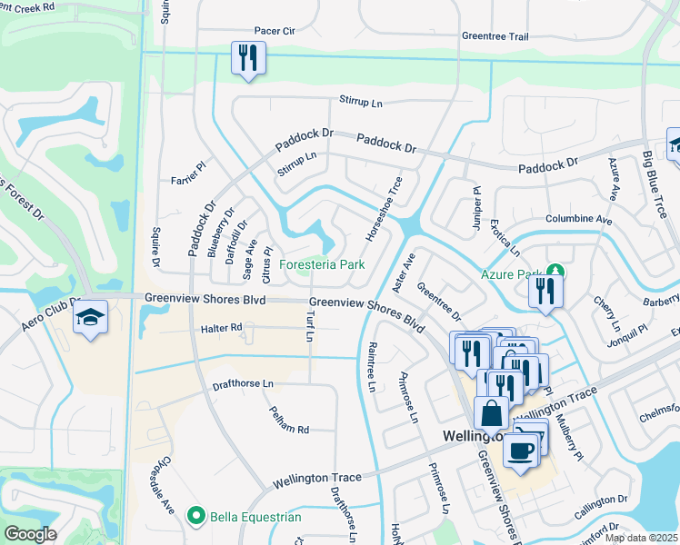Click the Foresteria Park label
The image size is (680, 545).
pos(322,265)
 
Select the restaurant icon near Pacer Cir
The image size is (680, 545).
pos(246,58)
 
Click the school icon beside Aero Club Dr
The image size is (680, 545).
pos(91,317)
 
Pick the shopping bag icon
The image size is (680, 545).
pos(491,413)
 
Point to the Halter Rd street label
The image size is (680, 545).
pos(223,327)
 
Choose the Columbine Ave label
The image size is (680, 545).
pos(578,219)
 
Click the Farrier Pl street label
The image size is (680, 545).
pos(189,180)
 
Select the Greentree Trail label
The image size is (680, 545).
pos(495,37)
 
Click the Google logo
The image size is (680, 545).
pos(30,533)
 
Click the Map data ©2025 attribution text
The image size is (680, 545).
pos(641,538)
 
